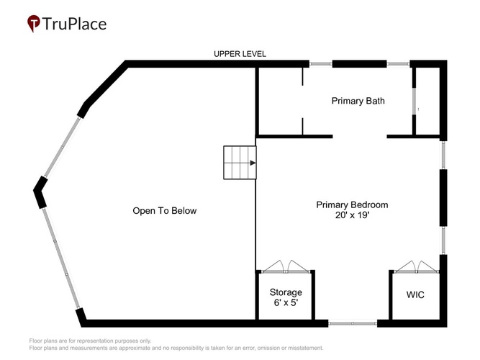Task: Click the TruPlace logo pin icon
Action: pos(34,23)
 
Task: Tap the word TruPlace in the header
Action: pos(74,24)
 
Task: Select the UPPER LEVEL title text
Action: pos(240,54)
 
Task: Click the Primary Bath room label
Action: pos(358,101)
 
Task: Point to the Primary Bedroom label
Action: pos(352,204)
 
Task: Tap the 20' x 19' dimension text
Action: pos(353,215)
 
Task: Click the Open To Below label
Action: pos(165,211)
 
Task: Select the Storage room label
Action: pos(286,292)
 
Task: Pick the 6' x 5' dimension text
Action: pos(286,302)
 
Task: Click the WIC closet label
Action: pos(415,294)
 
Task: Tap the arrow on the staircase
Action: pos(253,163)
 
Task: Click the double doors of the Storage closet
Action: pos(286,267)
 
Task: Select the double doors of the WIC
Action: pos(417,267)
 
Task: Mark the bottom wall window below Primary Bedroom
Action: pos(353,323)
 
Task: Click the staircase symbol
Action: pos(240,163)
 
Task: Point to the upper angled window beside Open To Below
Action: pos(63,148)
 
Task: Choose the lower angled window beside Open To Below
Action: pos(60,258)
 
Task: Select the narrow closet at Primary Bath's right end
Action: pos(427,101)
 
